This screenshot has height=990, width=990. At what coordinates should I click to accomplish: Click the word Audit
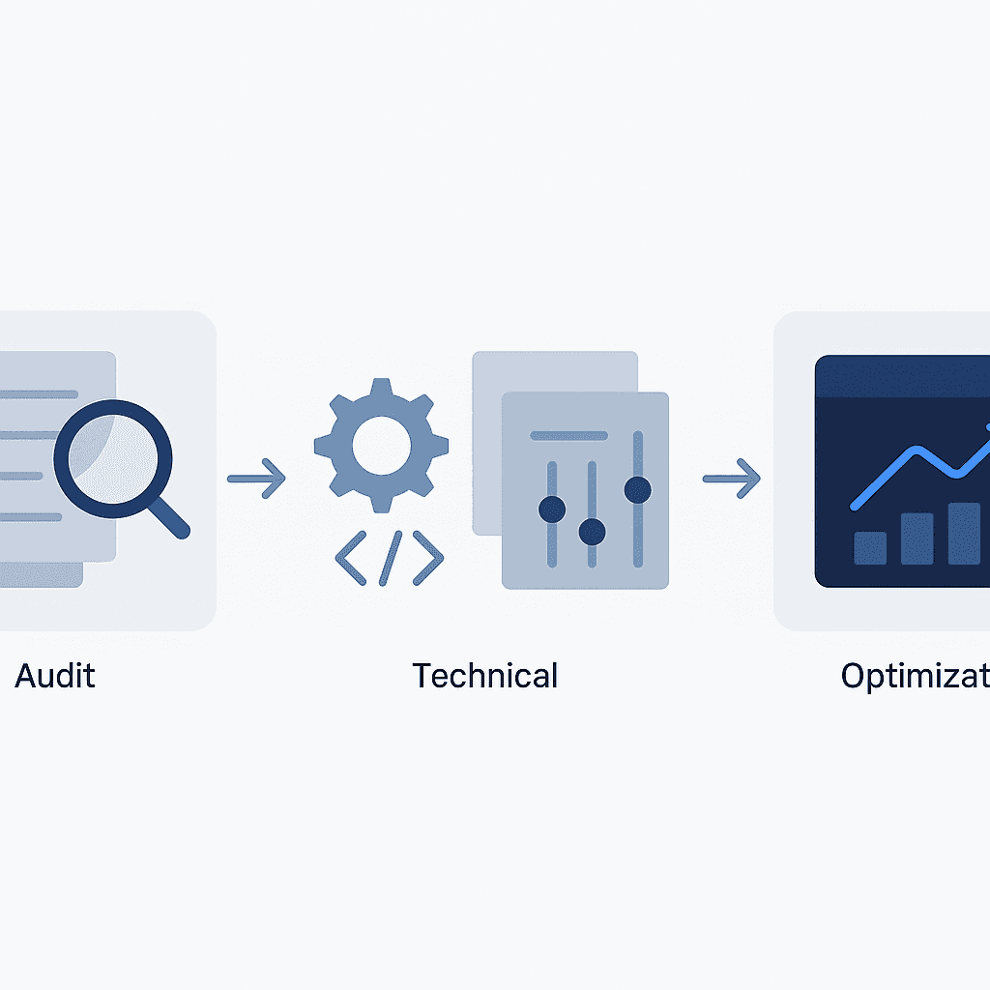(x=55, y=675)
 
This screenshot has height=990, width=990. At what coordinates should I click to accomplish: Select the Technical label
(x=484, y=675)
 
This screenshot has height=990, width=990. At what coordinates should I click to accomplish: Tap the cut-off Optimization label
(x=915, y=675)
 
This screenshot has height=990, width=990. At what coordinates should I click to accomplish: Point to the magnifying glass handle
(x=170, y=518)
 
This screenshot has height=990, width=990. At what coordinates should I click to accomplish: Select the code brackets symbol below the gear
(x=389, y=558)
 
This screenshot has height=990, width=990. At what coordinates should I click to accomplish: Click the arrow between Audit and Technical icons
(x=256, y=477)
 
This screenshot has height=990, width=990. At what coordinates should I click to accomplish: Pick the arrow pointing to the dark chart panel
(x=731, y=477)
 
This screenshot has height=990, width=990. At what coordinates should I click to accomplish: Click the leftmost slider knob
(x=552, y=509)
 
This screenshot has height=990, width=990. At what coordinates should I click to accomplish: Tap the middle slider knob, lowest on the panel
(x=592, y=531)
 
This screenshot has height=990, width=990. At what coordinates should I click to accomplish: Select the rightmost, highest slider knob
(x=637, y=490)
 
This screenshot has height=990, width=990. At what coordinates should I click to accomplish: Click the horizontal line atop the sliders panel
(x=568, y=435)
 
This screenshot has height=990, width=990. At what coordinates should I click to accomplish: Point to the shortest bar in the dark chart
(x=870, y=547)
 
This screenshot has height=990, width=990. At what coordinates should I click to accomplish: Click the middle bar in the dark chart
(x=917, y=538)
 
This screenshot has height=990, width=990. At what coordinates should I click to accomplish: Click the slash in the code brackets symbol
(x=389, y=558)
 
